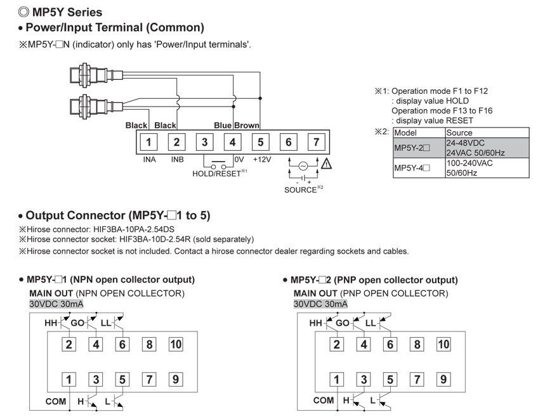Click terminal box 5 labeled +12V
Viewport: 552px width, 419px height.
[260, 142]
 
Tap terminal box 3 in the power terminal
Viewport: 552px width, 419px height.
[204, 142]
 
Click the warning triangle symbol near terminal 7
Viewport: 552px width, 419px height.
[327, 164]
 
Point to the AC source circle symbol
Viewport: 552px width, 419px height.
[303, 165]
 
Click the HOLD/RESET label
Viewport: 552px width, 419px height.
[216, 173]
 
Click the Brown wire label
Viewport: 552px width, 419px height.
[247, 126]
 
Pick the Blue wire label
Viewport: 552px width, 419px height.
[223, 126]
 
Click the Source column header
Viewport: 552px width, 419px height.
[459, 132]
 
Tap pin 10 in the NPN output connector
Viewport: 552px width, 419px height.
[176, 344]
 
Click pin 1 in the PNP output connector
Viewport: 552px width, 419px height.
[336, 380]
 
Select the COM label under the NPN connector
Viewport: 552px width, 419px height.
[56, 401]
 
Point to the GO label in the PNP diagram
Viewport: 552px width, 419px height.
[342, 323]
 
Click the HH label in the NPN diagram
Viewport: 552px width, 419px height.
[51, 323]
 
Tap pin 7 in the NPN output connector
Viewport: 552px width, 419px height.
[149, 380]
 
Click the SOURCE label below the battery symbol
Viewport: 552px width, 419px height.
[301, 190]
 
